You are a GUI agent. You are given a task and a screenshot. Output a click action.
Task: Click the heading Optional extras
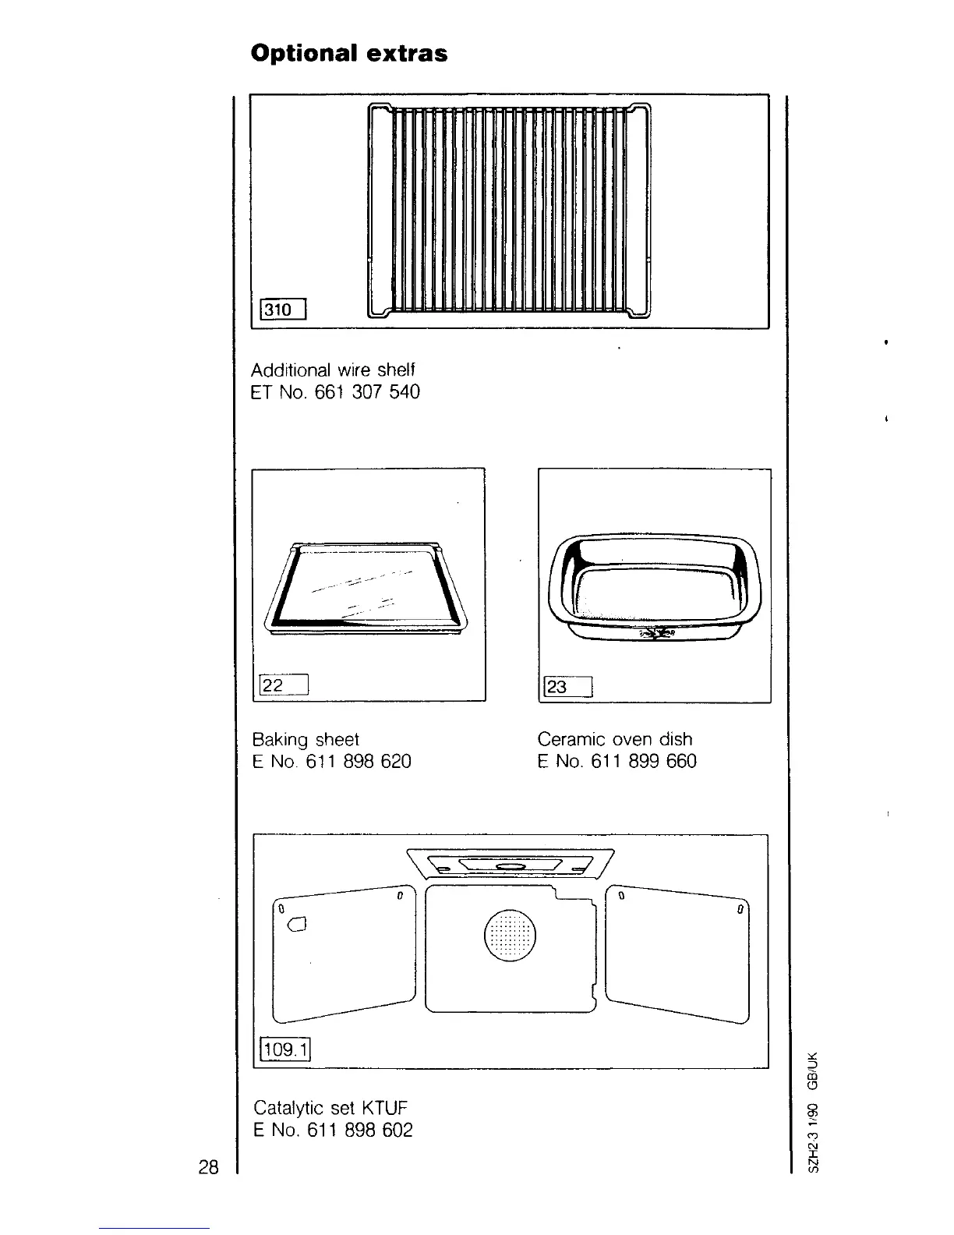[x=348, y=53]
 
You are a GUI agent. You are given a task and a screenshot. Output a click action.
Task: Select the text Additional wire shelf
[x=334, y=369]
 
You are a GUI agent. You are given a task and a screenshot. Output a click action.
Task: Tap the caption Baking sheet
[x=306, y=739]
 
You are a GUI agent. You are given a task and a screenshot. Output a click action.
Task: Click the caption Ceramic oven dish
[x=615, y=739]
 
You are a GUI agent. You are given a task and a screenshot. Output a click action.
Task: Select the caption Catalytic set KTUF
[x=330, y=1108]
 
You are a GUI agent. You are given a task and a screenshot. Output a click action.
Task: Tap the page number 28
[x=207, y=1167]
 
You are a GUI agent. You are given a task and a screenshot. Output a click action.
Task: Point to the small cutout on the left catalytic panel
[x=297, y=925]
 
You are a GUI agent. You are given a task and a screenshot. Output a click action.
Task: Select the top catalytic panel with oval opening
[x=511, y=865]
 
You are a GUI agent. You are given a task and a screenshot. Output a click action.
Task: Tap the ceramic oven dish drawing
[x=654, y=586]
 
